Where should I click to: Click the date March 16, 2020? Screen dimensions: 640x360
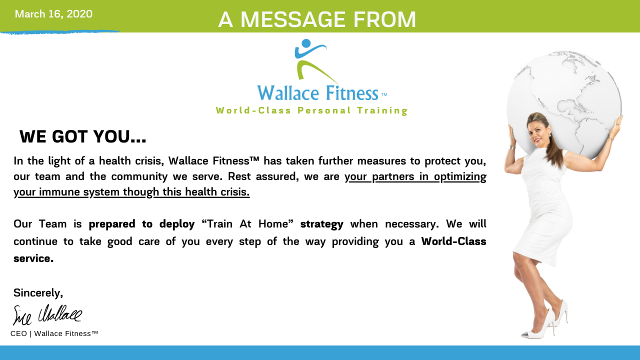53,14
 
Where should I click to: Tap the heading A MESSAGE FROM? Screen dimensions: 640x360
317,19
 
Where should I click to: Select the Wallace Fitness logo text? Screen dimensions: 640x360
317,93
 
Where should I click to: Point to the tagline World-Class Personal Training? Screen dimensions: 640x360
311,110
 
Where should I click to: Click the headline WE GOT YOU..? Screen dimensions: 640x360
82,136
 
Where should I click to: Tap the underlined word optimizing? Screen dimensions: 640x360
460,177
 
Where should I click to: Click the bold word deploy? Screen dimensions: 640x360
177,224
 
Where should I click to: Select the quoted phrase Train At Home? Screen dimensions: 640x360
247,223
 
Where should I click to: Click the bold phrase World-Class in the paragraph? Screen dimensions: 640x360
453,241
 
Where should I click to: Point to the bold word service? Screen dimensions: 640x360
33,258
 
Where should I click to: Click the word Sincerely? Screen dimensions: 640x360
38,293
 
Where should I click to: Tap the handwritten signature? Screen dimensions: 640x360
47,315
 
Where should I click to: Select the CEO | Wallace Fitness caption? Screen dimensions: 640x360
54,333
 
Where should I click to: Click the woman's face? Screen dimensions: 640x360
537,133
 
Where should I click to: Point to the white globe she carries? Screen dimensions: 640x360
564,103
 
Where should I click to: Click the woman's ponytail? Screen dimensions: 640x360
555,148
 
